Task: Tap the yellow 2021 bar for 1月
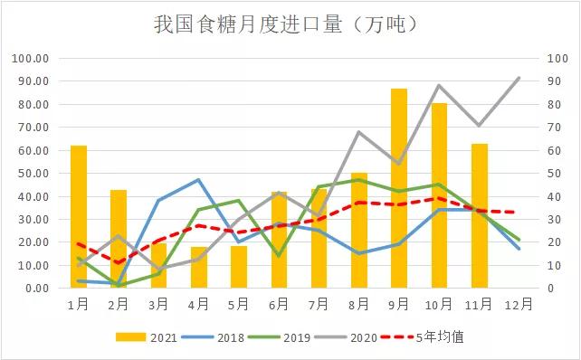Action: coord(79,217)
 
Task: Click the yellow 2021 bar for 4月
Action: coord(199,267)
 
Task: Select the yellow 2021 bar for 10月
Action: coord(439,195)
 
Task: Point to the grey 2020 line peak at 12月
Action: coord(519,78)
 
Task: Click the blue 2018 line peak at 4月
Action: coord(199,179)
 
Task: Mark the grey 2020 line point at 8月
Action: coord(359,132)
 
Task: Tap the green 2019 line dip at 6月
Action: coord(279,256)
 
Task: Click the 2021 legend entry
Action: coord(146,336)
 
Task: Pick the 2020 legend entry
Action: coord(344,336)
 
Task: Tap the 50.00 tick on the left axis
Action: coord(33,173)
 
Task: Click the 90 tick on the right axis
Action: coord(554,81)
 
